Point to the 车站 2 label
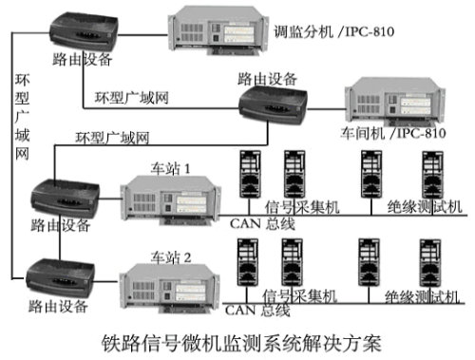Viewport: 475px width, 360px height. (171, 256)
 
